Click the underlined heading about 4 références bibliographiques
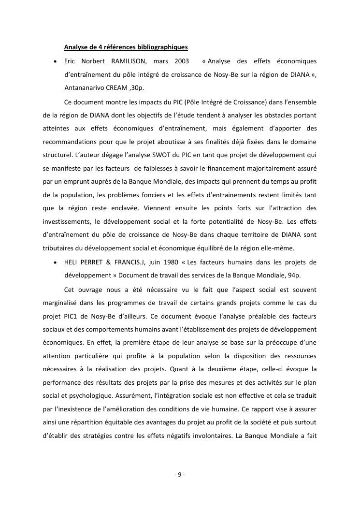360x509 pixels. (x=126, y=47)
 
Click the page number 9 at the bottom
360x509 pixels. (x=180, y=474)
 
